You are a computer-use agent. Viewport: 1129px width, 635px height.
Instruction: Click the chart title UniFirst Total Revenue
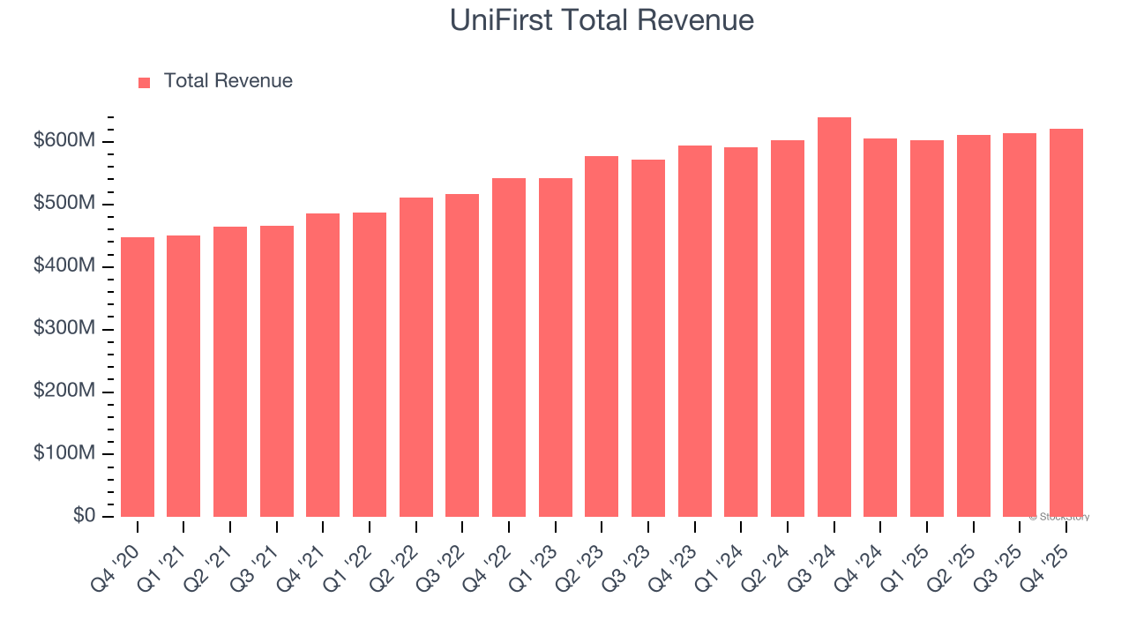coord(602,20)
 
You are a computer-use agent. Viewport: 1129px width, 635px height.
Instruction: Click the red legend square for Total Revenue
coord(145,82)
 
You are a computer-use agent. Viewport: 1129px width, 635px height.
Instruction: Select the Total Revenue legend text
coord(228,81)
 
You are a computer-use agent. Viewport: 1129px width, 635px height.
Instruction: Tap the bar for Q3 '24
coord(834,317)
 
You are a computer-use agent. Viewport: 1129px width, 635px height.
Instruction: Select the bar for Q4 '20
coord(138,377)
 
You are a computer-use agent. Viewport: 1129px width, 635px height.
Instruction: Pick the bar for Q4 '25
coord(1065,323)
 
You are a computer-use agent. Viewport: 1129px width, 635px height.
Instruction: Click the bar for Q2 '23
coord(602,336)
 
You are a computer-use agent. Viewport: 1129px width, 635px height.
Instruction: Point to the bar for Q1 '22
coord(370,364)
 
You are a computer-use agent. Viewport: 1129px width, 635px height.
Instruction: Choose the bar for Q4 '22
coord(509,347)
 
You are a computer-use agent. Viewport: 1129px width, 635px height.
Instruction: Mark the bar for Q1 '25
coord(926,328)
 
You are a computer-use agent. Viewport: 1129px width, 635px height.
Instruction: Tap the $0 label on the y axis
coord(85,516)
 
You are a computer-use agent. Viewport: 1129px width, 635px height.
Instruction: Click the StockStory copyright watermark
coord(1058,517)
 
